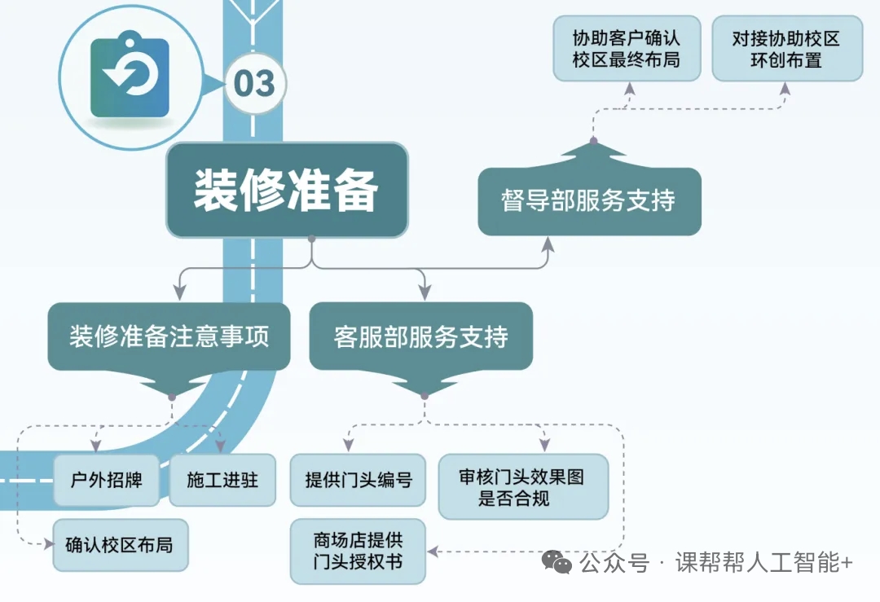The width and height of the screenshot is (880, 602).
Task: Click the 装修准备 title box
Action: point(287,191)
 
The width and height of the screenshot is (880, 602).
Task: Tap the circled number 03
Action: point(254,83)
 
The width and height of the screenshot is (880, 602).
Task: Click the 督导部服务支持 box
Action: point(589,200)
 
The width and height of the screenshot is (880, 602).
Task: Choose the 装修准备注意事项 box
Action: point(169,336)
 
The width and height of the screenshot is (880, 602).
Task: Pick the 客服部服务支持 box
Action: point(421,336)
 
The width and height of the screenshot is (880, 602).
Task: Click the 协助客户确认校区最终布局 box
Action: point(626,50)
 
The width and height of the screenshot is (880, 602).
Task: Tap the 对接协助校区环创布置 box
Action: point(786,50)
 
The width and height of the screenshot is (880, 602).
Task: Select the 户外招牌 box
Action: point(107,480)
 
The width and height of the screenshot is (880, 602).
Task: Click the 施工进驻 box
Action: point(222,480)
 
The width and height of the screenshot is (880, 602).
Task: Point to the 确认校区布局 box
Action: point(119,544)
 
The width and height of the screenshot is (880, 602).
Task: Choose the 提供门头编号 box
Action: point(358,480)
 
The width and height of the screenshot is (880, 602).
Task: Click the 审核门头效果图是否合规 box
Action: point(522,487)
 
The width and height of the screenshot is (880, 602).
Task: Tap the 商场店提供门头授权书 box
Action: point(358,551)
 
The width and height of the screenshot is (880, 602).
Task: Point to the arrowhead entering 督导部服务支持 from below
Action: point(547,244)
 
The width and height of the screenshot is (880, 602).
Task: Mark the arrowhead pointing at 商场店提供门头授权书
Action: point(433,551)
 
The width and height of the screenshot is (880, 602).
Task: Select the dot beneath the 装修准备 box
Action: point(311,239)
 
